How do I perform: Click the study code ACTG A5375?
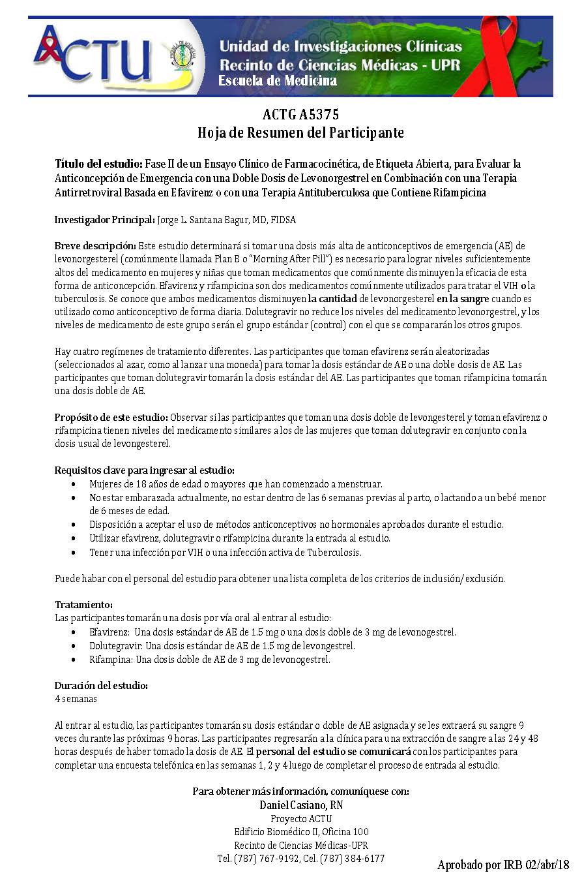[300, 115]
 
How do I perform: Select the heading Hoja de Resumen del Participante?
[300, 133]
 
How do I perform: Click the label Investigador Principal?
[104, 220]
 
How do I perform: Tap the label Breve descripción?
[95, 246]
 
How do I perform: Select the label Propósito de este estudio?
[111, 418]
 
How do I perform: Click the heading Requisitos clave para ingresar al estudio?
[144, 470]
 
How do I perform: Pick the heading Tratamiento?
[84, 605]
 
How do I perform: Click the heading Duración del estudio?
[101, 686]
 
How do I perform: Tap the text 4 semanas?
[76, 699]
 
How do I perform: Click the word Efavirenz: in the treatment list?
[109, 632]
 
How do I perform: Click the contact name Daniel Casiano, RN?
[300, 805]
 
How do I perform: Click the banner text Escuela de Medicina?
[278, 81]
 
